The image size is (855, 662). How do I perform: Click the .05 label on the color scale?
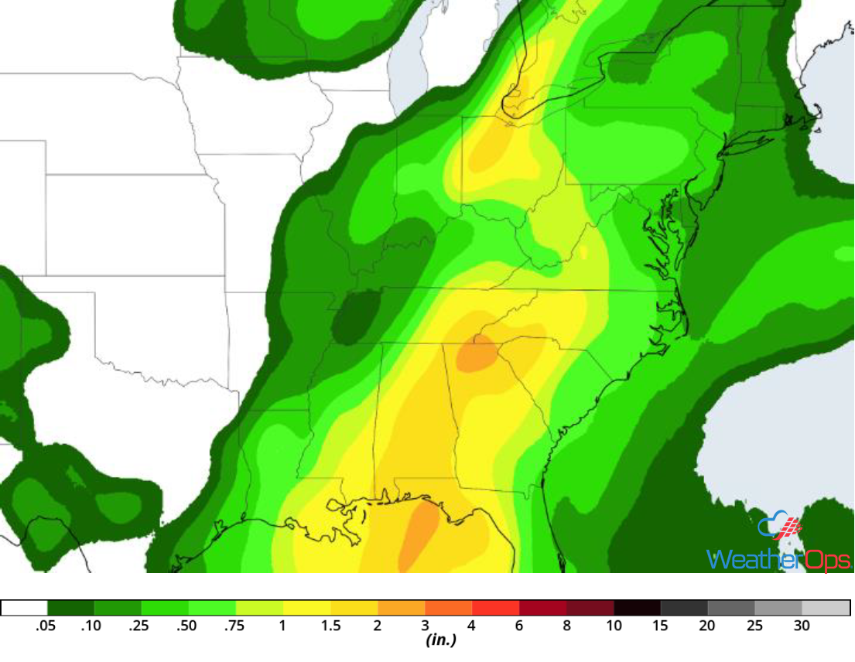click(x=46, y=626)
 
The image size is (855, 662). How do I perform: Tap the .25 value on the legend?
click(x=140, y=626)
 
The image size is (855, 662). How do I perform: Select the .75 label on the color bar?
click(x=234, y=626)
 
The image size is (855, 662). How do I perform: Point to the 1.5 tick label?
click(x=330, y=626)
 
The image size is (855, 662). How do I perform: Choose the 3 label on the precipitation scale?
click(x=425, y=626)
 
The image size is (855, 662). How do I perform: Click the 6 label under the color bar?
click(x=519, y=626)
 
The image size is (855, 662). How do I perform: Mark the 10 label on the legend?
click(x=614, y=626)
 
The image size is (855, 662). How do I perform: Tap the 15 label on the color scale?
click(x=661, y=626)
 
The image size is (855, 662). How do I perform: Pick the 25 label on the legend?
click(x=755, y=626)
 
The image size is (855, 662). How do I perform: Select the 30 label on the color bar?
click(x=802, y=626)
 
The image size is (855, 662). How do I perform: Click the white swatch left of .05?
click(x=24, y=608)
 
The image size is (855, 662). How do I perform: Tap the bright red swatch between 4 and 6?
click(x=496, y=608)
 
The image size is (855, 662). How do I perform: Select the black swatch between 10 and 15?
click(x=638, y=608)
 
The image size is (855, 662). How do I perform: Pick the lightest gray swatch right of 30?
click(x=826, y=608)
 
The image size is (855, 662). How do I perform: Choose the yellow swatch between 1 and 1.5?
click(x=307, y=608)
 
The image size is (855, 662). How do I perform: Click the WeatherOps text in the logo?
click(x=778, y=558)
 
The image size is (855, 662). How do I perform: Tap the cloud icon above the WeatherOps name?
click(x=778, y=527)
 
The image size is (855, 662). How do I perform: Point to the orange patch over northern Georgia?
click(x=477, y=355)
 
